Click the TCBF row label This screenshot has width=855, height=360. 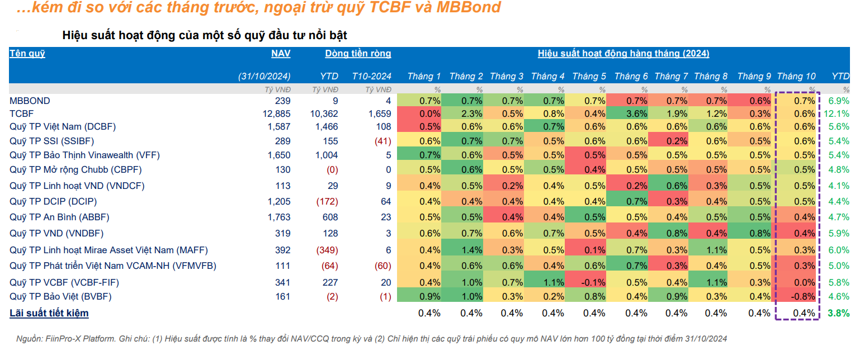coord(21,114)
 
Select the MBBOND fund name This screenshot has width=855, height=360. coord(30,101)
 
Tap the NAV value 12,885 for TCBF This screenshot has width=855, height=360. coord(276,114)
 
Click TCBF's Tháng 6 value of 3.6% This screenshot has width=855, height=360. coord(636,114)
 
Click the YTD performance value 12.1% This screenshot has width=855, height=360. coord(837,114)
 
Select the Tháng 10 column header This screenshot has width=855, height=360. coord(796,77)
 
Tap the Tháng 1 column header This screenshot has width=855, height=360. coord(424,77)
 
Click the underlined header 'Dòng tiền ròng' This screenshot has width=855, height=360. coord(358,54)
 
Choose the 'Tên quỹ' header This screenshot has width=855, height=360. coord(27,54)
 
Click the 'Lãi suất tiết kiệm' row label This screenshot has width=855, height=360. coord(49,313)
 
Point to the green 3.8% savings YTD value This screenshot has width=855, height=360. coord(839,313)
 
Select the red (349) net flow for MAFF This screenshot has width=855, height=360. coord(327,250)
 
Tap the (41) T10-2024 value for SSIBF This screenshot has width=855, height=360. coord(383,141)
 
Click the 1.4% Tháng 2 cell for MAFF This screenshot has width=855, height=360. coord(472,250)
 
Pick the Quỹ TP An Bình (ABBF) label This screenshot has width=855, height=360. coord(59,217)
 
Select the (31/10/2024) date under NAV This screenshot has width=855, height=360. coord(264,77)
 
